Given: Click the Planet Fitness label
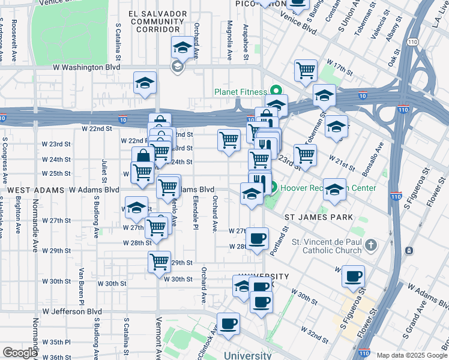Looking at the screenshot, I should tap(241, 92).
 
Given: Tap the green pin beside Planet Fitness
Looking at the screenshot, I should tap(276, 92).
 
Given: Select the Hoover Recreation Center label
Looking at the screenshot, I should tap(329, 188).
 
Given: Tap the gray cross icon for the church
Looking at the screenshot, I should tap(371, 245).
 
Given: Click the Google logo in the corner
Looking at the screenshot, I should tap(20, 353).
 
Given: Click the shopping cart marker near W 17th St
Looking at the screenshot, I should tap(306, 70).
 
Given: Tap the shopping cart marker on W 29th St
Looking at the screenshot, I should tap(159, 262).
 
